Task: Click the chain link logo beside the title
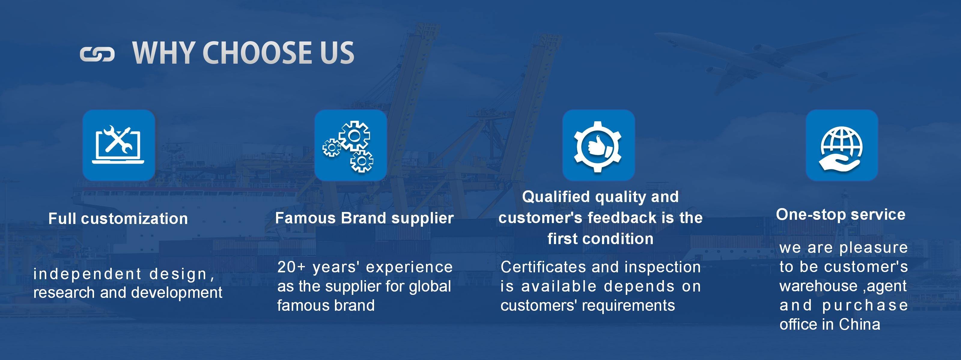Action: tap(97, 54)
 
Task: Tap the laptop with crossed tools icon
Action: tap(119, 145)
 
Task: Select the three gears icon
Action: tap(350, 145)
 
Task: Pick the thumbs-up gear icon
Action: tap(598, 145)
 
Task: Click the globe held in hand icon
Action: tap(842, 145)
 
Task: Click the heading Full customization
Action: tap(118, 219)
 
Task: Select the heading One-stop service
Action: tap(841, 214)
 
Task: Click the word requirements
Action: tap(629, 306)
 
